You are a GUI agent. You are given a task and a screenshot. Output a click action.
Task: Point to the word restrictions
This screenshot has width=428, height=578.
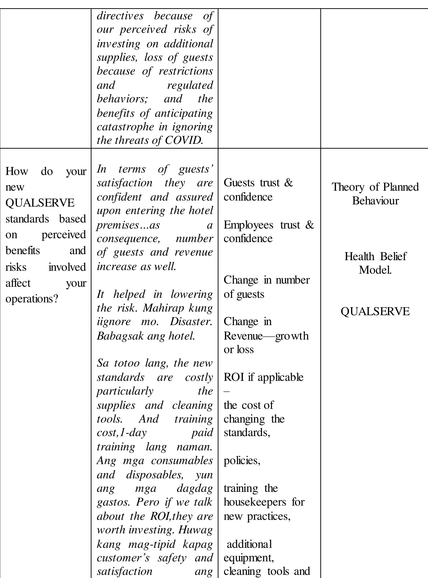click(x=185, y=71)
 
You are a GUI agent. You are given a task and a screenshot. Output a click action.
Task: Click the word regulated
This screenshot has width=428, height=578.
click(x=190, y=85)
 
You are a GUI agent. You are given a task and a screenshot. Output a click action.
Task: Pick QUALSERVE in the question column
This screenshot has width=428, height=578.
click(x=40, y=202)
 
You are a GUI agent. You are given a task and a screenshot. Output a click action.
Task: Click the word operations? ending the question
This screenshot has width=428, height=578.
click(x=32, y=299)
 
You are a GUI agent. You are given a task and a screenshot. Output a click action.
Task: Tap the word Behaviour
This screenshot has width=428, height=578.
click(x=375, y=201)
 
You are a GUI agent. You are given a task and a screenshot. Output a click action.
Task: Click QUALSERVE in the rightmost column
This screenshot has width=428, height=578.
click(x=375, y=311)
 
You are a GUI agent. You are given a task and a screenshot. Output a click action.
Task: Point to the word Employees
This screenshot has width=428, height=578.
click(x=248, y=225)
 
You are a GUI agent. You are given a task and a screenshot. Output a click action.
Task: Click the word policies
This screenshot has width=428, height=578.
click(x=242, y=460)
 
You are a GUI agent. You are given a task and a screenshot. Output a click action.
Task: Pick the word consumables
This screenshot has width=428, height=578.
click(x=182, y=460)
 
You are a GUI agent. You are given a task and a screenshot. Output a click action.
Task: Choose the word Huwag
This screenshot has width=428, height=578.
click(x=195, y=530)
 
